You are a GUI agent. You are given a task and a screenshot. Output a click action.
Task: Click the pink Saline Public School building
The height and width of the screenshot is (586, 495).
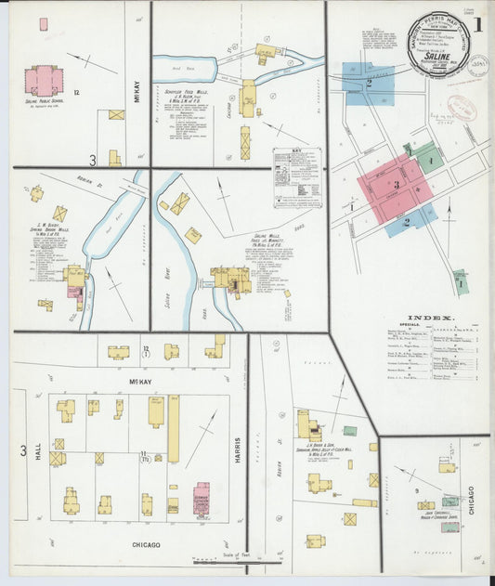tap(44, 80)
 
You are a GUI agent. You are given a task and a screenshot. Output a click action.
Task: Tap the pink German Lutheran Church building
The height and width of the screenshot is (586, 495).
tap(202, 497)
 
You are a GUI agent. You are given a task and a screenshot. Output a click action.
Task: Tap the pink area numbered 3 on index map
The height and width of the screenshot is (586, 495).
tap(395, 186)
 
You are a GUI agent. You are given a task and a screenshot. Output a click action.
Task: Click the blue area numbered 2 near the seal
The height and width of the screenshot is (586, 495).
tap(368, 83)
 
